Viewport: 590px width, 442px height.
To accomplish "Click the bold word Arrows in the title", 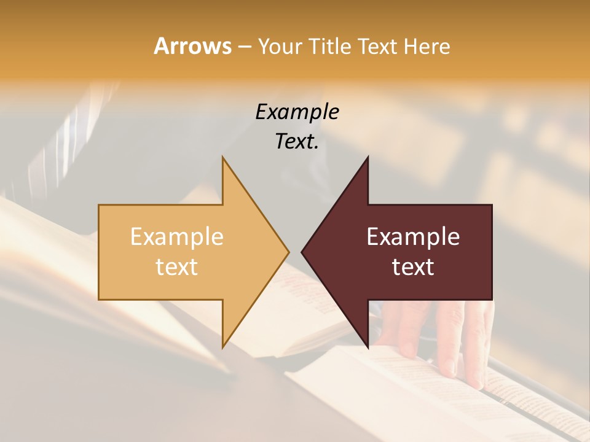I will tap(192, 46).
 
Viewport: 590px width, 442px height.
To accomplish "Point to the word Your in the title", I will tap(278, 46).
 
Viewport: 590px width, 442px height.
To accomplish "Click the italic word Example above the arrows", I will tap(297, 112).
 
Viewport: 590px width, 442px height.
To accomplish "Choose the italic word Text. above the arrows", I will tap(297, 141).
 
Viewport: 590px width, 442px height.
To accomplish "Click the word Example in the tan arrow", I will tap(176, 236).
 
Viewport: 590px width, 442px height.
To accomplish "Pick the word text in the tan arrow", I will tap(176, 266).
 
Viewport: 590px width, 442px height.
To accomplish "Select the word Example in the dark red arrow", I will tap(413, 236).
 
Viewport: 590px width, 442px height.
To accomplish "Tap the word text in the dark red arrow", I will tap(413, 266).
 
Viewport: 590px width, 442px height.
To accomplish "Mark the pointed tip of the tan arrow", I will tap(289, 252).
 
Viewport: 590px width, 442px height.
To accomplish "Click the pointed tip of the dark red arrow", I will tap(302, 252).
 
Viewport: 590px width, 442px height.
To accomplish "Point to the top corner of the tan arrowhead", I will tap(222, 157).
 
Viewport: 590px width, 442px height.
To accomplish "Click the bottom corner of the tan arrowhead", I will tap(222, 347).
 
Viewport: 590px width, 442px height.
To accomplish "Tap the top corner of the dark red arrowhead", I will tap(368, 157).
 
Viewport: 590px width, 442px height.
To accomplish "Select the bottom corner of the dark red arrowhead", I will tap(368, 347).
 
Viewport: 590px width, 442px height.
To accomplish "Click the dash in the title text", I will tap(244, 47).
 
